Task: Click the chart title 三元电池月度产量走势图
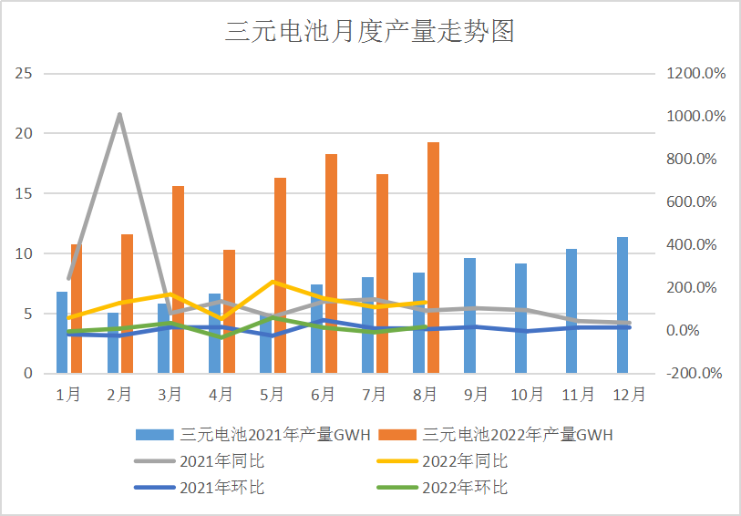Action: coord(370,32)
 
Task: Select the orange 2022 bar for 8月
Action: coord(433,257)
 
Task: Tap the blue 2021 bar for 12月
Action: coord(623,304)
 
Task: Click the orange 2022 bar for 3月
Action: coord(179,279)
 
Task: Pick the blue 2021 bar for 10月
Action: coord(520,318)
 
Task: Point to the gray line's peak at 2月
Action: coord(119,115)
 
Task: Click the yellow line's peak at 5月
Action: coord(273,282)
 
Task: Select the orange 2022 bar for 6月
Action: coord(331,263)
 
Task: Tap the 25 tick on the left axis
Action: coord(25,73)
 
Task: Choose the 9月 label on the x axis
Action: coord(475,395)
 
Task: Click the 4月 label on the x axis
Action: coord(221,395)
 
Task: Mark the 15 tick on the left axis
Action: coord(25,193)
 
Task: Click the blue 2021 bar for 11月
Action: coord(571,311)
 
